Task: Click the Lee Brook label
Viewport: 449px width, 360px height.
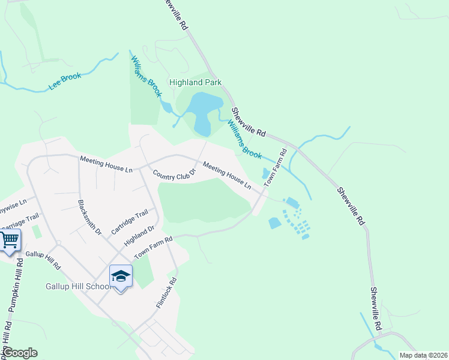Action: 65,82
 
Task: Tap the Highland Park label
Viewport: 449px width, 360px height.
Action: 195,83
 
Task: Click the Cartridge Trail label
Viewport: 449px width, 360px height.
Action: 130,221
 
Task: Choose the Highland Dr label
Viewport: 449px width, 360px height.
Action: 139,235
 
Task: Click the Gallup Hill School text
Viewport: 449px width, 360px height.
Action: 77,286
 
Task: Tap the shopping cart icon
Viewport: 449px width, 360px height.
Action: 10,241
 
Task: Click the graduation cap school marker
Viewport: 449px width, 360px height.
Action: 121,277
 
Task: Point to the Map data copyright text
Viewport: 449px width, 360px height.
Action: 424,355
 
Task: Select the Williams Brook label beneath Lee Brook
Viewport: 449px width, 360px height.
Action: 146,76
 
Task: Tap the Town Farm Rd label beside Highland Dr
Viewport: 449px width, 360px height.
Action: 153,247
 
